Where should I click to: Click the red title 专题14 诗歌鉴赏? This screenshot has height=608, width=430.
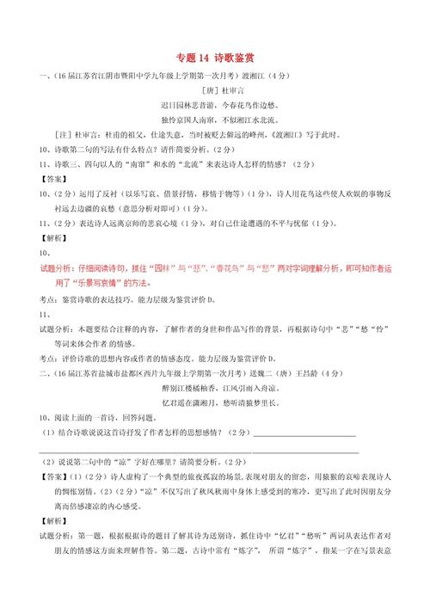(x=216, y=58)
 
